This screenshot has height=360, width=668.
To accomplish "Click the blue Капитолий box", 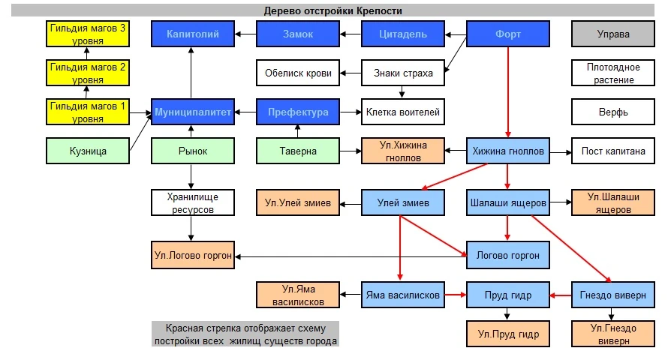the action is tap(193, 34).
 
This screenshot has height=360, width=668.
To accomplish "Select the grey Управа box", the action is tap(613, 34).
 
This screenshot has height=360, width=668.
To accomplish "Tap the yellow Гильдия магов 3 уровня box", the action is tap(88, 34).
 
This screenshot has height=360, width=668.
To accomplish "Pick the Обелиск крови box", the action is tap(298, 73).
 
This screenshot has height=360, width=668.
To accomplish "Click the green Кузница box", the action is tap(88, 151).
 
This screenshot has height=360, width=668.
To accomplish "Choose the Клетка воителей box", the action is tap(403, 112).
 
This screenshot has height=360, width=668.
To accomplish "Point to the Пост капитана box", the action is tap(613, 151).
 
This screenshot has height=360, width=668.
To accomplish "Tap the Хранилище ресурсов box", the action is tap(193, 202).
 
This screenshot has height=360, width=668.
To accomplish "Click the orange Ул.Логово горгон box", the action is tap(193, 255).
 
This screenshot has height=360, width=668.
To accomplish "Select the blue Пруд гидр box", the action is tap(508, 295).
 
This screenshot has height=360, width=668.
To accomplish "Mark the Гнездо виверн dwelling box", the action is tap(613, 295).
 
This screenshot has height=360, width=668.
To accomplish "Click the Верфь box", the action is tap(613, 112).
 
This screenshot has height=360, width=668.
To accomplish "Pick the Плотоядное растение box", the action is tap(613, 73).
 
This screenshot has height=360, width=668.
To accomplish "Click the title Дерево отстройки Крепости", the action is tap(332, 10).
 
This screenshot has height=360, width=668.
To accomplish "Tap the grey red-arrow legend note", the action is tap(245, 334).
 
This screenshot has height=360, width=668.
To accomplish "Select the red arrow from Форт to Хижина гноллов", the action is tap(508, 92).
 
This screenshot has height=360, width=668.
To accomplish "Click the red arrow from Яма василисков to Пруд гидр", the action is tap(456, 295).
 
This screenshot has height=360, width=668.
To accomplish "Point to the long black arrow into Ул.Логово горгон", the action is tap(351, 256).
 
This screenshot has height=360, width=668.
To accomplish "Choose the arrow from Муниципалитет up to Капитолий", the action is tap(191, 73).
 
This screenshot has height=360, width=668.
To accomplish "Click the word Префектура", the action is tap(298, 112).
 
